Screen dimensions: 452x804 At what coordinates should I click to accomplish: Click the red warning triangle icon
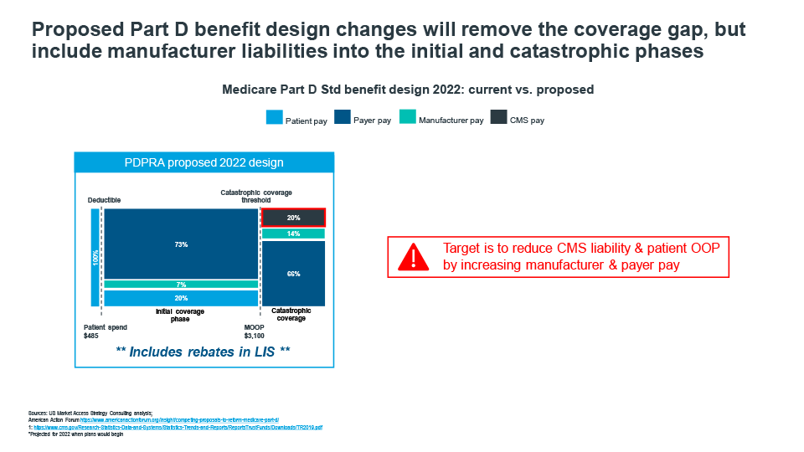pyautogui.click(x=412, y=256)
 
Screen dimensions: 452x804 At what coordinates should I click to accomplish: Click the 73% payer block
pyautogui.click(x=181, y=244)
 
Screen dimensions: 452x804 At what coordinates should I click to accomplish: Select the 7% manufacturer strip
pyautogui.click(x=181, y=285)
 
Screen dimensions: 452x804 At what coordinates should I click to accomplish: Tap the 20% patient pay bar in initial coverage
pyautogui.click(x=181, y=298)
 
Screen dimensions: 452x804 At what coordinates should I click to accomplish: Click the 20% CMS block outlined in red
pyautogui.click(x=293, y=218)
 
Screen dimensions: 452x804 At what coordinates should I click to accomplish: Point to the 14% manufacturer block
pyautogui.click(x=293, y=234)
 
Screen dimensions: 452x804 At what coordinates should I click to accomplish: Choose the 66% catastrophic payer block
pyautogui.click(x=293, y=274)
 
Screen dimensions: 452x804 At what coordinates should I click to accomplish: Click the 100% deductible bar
pyautogui.click(x=95, y=257)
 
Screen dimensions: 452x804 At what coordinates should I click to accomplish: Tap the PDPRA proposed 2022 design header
pyautogui.click(x=204, y=162)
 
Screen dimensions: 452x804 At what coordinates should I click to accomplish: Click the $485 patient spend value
pyautogui.click(x=91, y=335)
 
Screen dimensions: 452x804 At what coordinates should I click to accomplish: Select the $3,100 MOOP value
pyautogui.click(x=255, y=335)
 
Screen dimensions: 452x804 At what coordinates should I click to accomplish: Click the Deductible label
pyautogui.click(x=105, y=201)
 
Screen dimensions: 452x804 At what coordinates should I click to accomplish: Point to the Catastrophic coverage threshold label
pyautogui.click(x=256, y=197)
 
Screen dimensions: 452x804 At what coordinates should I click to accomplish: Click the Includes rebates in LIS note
pyautogui.click(x=204, y=352)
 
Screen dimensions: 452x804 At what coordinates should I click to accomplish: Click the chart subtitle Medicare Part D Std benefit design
pyautogui.click(x=407, y=89)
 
